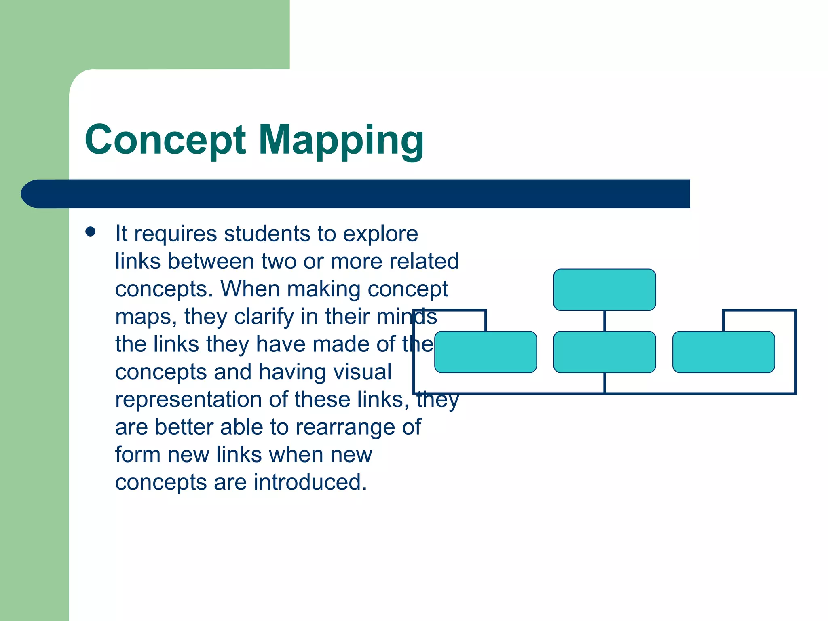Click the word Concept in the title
point(165,140)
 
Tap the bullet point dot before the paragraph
point(91,232)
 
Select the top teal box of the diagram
point(604,289)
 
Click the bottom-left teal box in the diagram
point(485,352)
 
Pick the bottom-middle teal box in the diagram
point(604,352)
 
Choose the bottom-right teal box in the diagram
point(723,352)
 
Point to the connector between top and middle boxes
point(604,321)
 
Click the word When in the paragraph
point(250,289)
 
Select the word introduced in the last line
point(310,482)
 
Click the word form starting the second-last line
point(137,455)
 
